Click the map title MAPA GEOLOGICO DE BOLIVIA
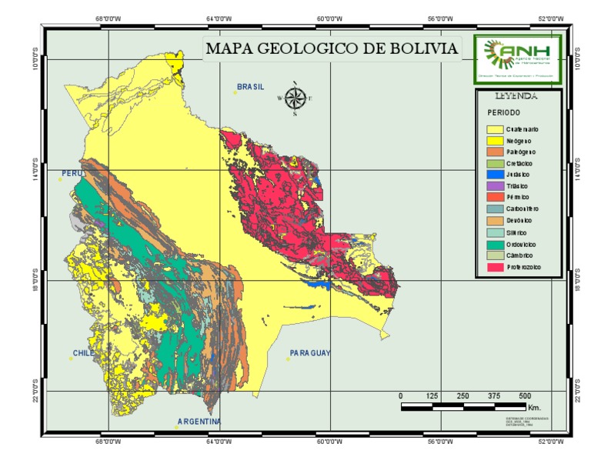331,49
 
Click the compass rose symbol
295,98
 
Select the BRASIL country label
250,87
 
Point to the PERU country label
72,174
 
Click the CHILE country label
83,354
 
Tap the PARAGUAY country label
309,354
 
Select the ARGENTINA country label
199,422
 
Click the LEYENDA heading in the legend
516,97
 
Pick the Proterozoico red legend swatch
494,267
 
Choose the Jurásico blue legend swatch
494,175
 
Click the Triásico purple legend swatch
494,186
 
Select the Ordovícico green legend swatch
494,244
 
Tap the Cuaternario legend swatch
494,129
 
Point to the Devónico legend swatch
494,221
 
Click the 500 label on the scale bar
525,395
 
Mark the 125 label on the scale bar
432,395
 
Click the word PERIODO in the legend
503,112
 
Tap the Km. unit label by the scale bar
535,407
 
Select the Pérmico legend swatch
494,198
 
